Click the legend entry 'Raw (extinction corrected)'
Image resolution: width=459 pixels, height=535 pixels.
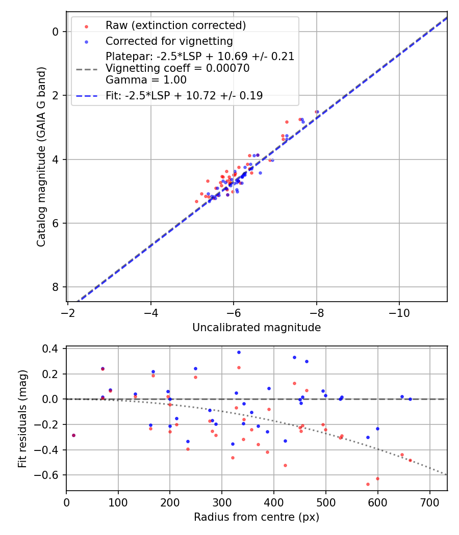click(x=175, y=25)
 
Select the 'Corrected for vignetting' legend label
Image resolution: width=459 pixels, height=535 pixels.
click(x=169, y=41)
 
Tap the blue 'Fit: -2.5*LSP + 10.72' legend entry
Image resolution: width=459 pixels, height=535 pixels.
click(x=184, y=96)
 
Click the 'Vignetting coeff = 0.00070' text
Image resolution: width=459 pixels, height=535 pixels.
click(x=177, y=68)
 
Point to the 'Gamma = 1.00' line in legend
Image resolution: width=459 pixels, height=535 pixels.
click(x=146, y=80)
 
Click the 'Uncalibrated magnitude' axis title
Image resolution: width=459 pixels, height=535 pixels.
click(x=257, y=328)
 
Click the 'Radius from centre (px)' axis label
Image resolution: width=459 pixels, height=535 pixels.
click(x=257, y=517)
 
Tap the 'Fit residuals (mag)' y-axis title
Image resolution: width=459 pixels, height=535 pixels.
click(x=22, y=419)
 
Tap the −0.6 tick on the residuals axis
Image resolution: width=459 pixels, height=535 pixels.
click(x=49, y=475)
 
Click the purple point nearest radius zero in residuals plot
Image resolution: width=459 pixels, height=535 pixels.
click(x=73, y=435)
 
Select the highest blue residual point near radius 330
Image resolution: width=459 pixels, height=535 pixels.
click(x=238, y=352)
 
